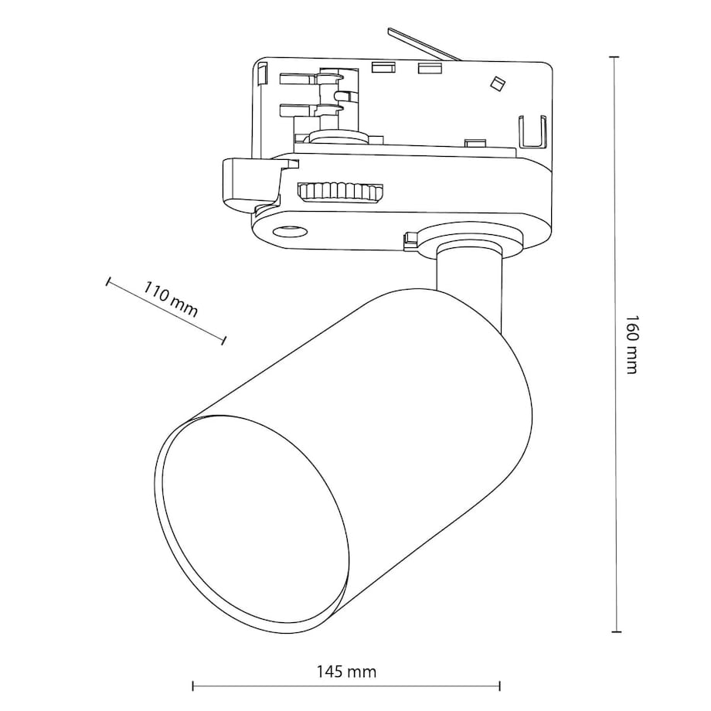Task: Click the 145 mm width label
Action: coord(345,672)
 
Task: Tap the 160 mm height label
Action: coord(631,344)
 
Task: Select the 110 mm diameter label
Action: coord(171,299)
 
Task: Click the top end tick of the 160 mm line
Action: coord(615,57)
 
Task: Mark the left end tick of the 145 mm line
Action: coord(192,685)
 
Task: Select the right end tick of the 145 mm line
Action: coord(500,685)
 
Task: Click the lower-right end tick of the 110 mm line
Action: coord(224,339)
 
